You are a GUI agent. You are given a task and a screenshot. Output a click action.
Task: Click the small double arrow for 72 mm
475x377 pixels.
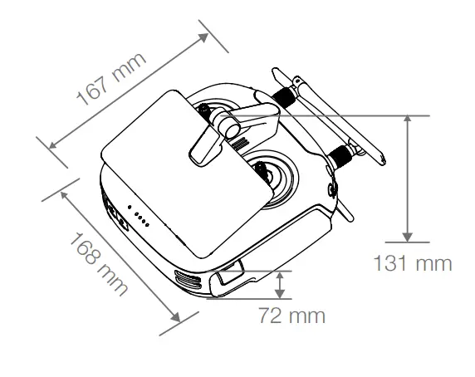point(281,284)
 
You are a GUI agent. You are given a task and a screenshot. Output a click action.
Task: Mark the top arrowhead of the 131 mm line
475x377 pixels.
point(407,121)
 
